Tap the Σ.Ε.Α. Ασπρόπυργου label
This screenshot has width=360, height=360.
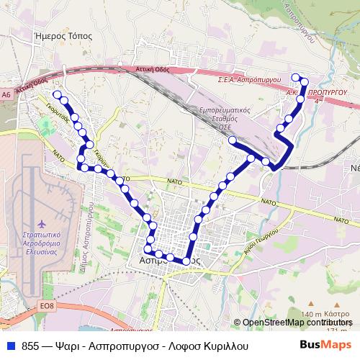point(249,81)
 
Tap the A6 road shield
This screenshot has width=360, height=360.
point(6,94)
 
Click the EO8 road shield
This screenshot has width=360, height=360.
point(47,305)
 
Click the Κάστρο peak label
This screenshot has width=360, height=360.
point(336,315)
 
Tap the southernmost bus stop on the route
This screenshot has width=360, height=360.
point(186,261)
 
